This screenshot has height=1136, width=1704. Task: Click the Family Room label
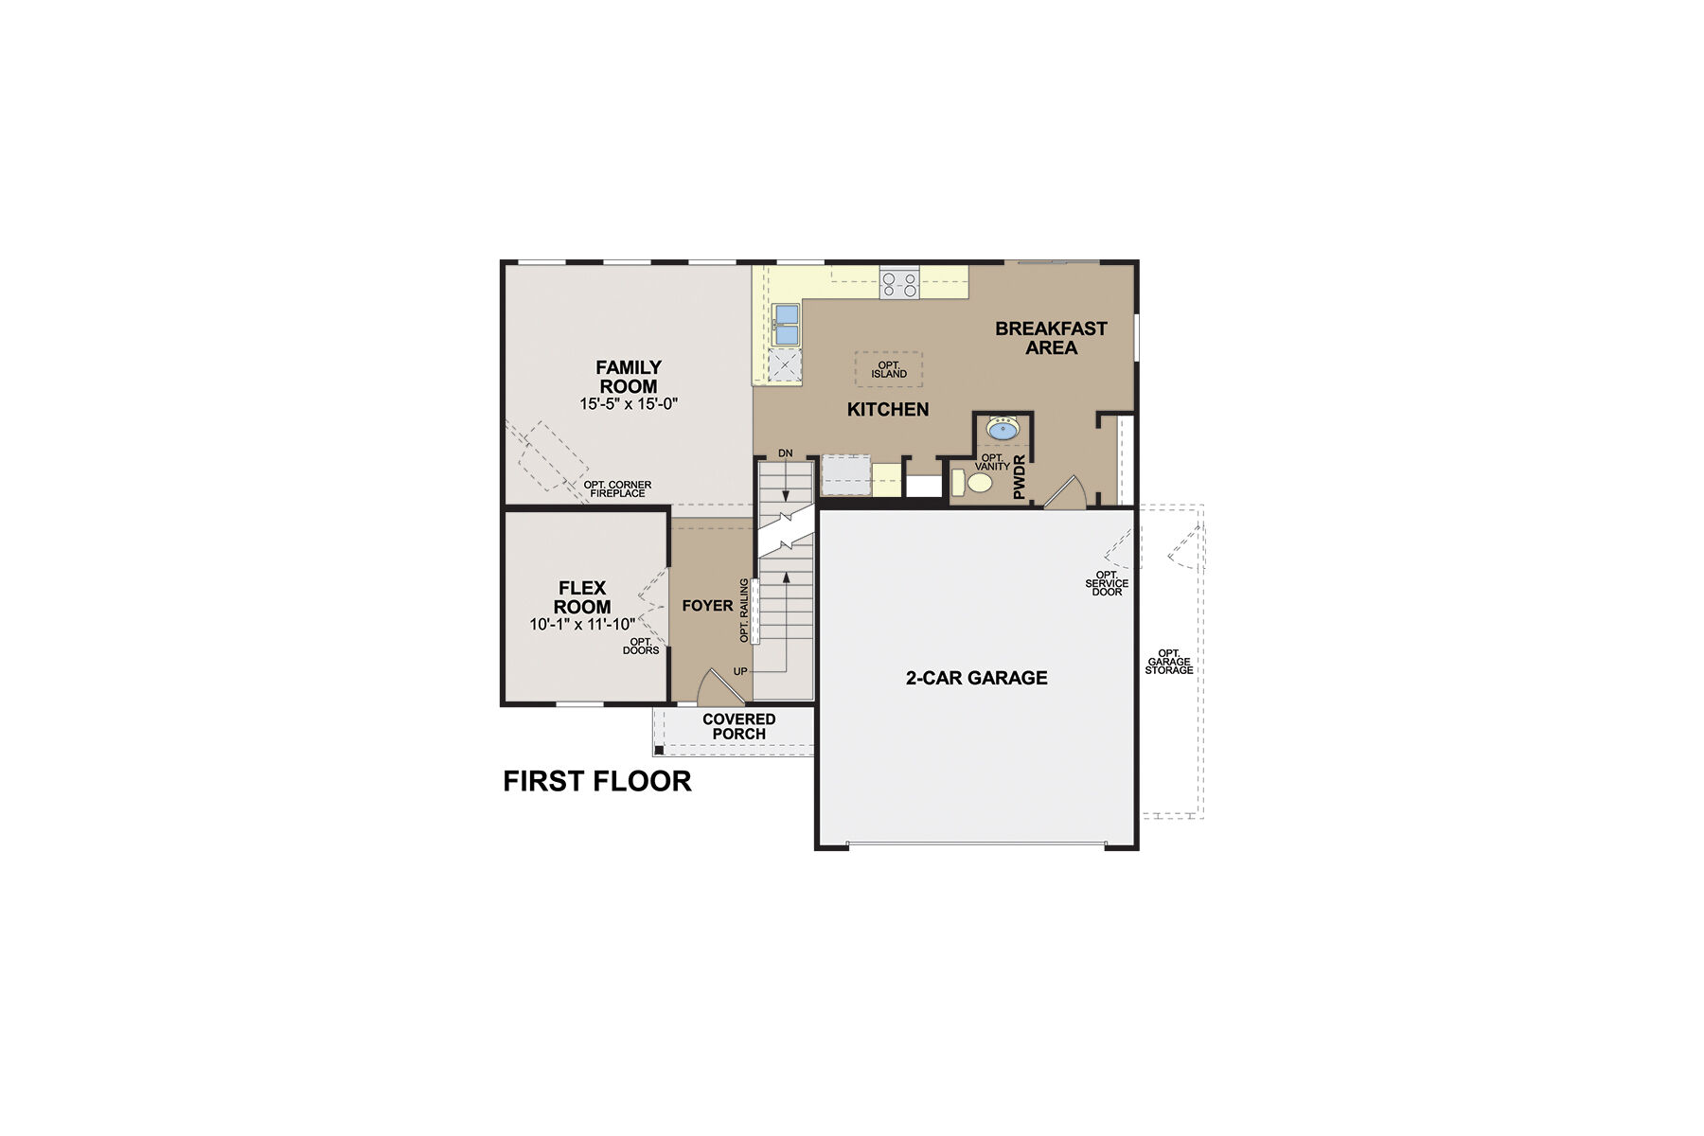[x=629, y=377]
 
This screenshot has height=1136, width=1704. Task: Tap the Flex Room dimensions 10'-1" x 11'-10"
[x=582, y=625]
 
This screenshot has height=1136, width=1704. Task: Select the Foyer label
[x=707, y=606]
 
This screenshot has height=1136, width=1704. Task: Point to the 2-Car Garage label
[x=976, y=678]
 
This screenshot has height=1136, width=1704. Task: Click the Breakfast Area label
[x=1051, y=338]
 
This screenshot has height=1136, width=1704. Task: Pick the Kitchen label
[x=888, y=410]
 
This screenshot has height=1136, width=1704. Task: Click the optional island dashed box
[x=889, y=369]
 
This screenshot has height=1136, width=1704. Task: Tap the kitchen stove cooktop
[x=899, y=284]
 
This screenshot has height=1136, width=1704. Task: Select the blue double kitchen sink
[x=787, y=325]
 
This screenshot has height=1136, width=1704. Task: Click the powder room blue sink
[x=1003, y=430]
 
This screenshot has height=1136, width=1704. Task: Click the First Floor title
[x=597, y=781]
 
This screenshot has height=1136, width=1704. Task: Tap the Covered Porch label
[x=739, y=727]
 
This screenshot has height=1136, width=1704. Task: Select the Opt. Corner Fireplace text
[x=617, y=489]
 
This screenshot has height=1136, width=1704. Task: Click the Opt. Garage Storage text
[x=1169, y=662]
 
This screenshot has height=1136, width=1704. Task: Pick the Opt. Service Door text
[x=1107, y=583]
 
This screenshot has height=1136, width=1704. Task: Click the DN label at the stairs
[x=785, y=453]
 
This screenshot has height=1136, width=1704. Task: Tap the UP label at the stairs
[x=740, y=671]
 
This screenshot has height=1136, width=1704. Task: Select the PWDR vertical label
[x=1020, y=477]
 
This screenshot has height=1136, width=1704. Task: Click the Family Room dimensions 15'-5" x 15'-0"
[x=629, y=404]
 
